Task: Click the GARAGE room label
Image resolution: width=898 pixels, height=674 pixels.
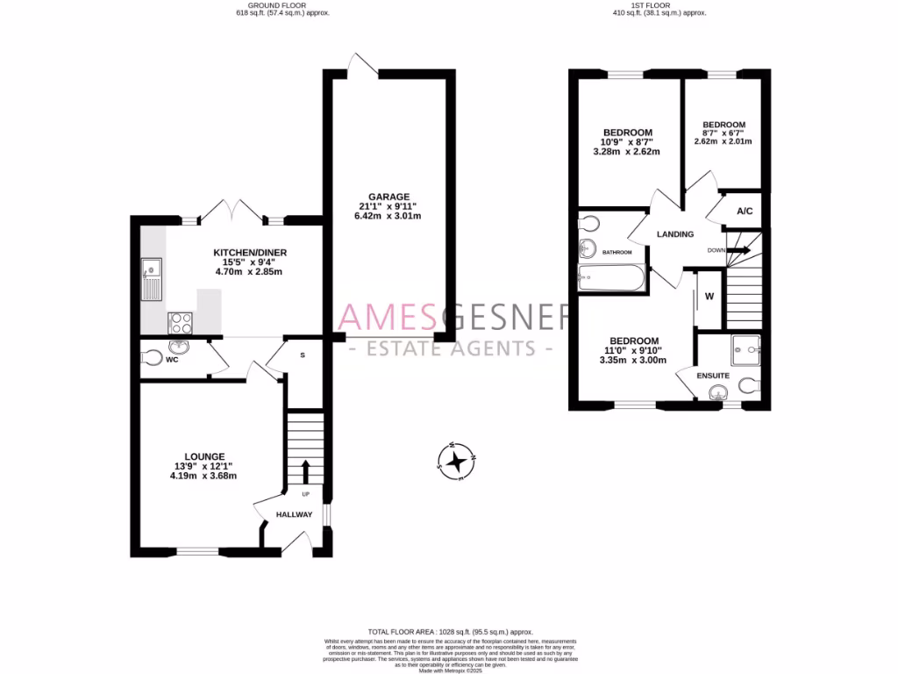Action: point(388,197)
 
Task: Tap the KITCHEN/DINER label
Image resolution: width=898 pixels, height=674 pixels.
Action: point(250,253)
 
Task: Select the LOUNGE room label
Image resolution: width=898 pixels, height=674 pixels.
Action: point(203,456)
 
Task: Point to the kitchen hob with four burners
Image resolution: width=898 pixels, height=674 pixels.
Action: point(181,322)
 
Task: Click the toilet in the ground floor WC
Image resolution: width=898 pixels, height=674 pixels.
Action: point(152,358)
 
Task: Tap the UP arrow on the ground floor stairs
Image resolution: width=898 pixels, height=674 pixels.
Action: point(305,470)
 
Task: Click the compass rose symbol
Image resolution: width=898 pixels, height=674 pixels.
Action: point(456,462)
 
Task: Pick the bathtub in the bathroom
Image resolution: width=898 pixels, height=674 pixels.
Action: point(611,278)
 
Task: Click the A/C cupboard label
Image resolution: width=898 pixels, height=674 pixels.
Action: point(745,212)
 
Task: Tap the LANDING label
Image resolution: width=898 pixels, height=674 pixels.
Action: point(675,234)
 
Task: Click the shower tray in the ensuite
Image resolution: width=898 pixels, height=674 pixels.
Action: point(745,349)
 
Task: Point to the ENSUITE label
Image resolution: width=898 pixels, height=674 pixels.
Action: point(713,376)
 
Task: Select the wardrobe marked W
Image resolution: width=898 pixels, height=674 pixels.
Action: point(709,297)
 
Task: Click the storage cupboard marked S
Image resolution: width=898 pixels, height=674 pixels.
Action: point(303,355)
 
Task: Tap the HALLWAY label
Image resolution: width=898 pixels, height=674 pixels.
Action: point(294,514)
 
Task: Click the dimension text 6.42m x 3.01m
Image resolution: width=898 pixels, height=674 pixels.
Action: point(388,216)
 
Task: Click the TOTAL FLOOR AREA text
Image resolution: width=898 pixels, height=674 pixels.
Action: point(450,632)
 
